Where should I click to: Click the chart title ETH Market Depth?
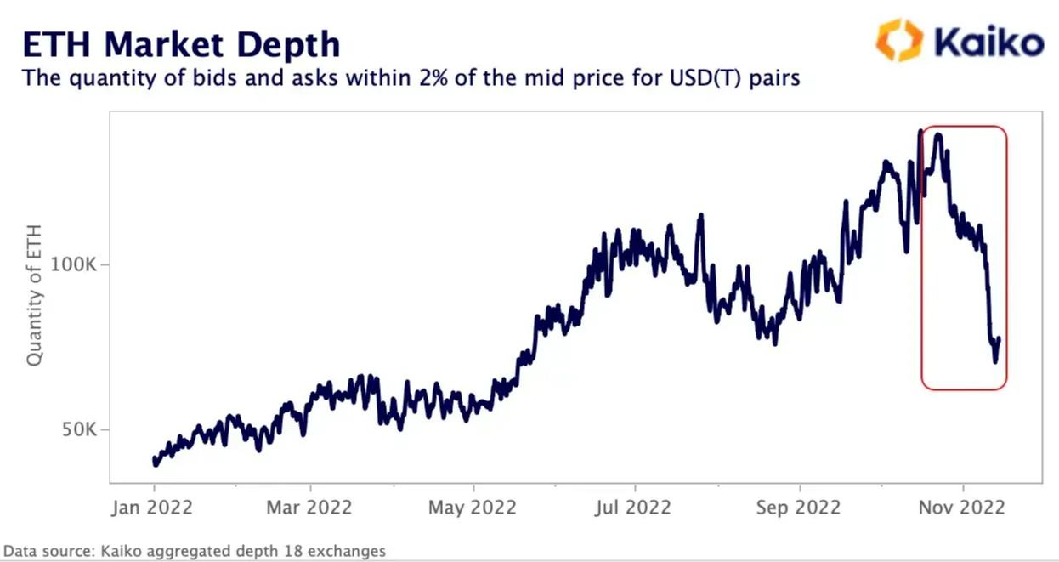tap(180, 43)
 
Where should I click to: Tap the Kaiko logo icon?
tap(899, 40)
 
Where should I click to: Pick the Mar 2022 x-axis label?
tap(310, 508)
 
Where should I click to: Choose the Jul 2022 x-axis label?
tap(634, 508)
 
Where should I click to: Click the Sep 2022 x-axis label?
tap(799, 508)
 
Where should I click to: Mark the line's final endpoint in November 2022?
tap(999, 338)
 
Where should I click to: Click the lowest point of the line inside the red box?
tap(995, 361)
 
